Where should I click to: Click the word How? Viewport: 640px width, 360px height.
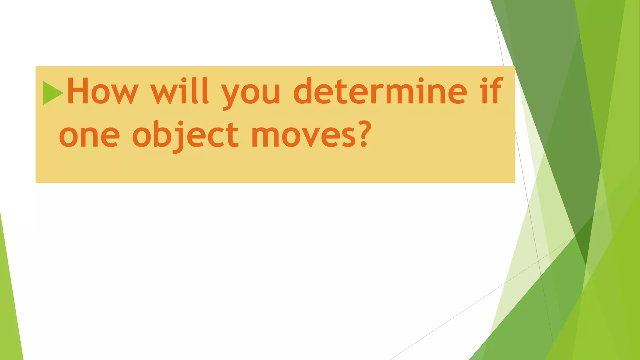(x=102, y=91)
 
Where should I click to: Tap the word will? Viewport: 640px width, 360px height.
(x=179, y=91)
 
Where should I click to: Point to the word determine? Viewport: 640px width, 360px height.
(x=380, y=91)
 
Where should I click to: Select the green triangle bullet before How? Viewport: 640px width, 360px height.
(x=52, y=93)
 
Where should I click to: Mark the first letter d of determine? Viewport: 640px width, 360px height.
(x=303, y=91)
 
